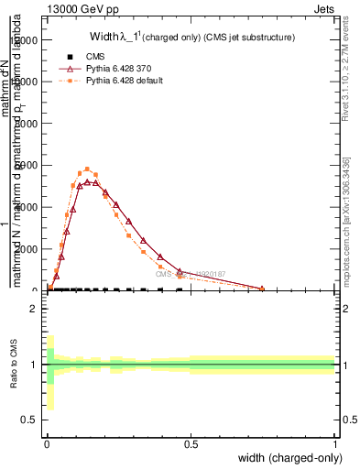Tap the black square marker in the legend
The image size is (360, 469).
[x=70, y=57]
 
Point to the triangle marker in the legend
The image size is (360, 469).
[x=70, y=69]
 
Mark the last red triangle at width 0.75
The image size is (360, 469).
[x=262, y=289]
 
